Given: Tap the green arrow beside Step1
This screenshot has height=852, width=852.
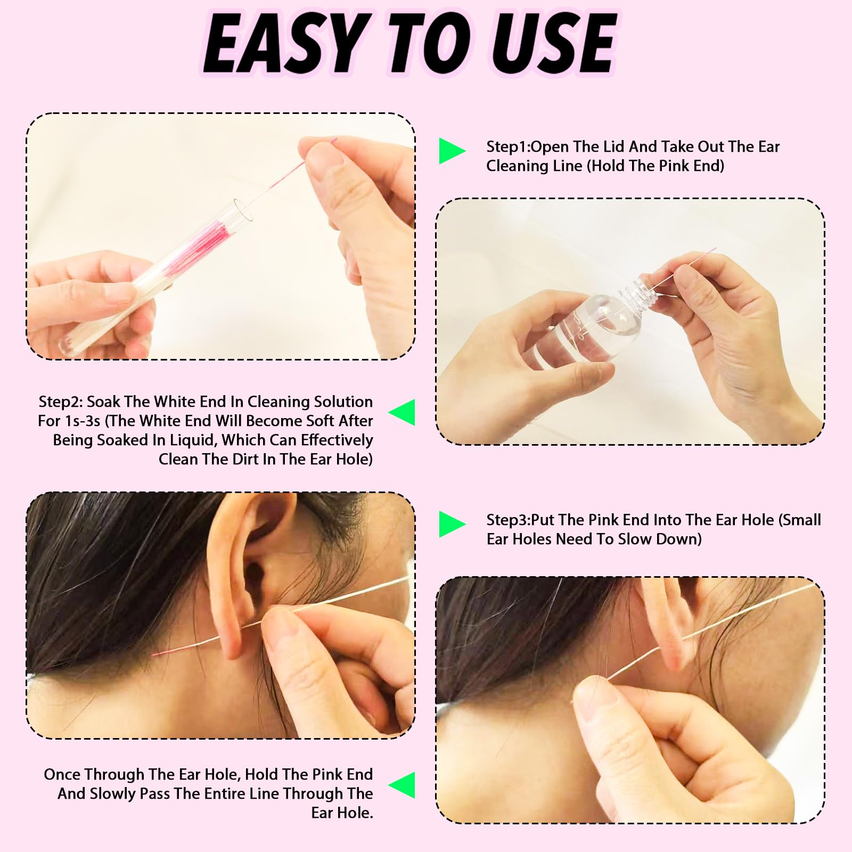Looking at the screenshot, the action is (452, 151).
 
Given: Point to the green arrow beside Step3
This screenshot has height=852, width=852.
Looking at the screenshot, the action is (452, 524).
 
